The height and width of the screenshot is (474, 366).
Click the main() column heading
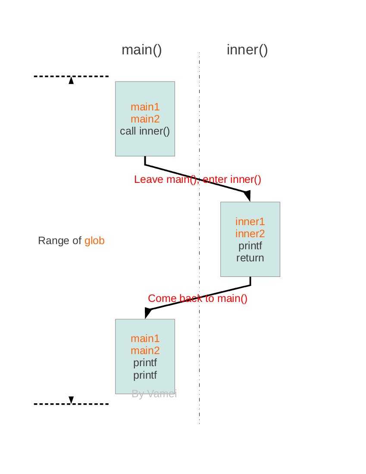pyautogui.click(x=141, y=50)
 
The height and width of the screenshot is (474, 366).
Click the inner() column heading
pyautogui.click(x=247, y=50)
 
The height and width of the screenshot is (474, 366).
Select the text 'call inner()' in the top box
pyautogui.click(x=145, y=131)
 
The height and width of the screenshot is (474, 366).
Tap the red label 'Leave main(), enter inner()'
pyautogui.click(x=197, y=179)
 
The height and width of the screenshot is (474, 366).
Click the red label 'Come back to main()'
pyautogui.click(x=197, y=298)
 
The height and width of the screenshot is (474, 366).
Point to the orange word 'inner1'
pyautogui.click(x=250, y=222)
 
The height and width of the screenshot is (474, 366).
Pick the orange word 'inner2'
pyautogui.click(x=250, y=234)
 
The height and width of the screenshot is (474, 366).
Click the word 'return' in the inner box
pyautogui.click(x=250, y=258)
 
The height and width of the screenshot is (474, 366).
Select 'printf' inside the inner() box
pyautogui.click(x=250, y=246)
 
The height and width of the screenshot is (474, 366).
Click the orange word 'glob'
pyautogui.click(x=94, y=241)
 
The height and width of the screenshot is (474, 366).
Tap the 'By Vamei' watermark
pyautogui.click(x=154, y=394)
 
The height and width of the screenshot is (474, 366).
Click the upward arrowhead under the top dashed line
pyautogui.click(x=72, y=80)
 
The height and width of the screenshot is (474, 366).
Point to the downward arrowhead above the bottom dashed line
pyautogui.click(x=72, y=399)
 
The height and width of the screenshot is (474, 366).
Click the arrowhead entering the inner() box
pyautogui.click(x=247, y=196)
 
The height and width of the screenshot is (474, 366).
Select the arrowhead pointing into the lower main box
pyautogui.click(x=148, y=312)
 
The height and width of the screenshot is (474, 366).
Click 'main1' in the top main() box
pyautogui.click(x=145, y=107)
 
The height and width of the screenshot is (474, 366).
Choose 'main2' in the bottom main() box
pyautogui.click(x=145, y=351)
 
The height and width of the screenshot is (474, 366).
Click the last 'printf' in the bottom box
pyautogui.click(x=145, y=375)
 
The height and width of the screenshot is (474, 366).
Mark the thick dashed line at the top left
pyautogui.click(x=71, y=76)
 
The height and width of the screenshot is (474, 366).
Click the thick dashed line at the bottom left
pyautogui.click(x=71, y=404)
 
